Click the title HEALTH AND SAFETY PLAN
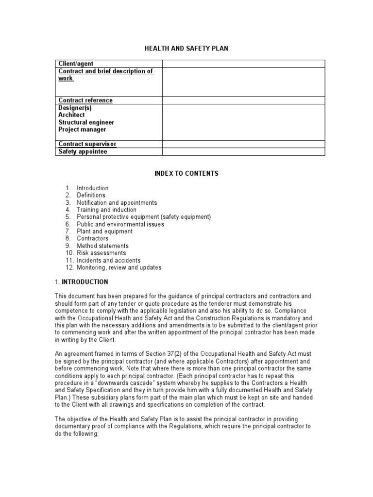[x=186, y=49]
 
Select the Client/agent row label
[x=76, y=64]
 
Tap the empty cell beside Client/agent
[x=243, y=64]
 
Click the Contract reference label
[x=85, y=100]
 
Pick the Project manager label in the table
[x=82, y=130]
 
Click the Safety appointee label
[x=83, y=151]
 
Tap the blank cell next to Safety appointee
[x=243, y=151]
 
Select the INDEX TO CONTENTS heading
[x=186, y=173]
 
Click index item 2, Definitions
[x=91, y=195]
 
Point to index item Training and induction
[x=106, y=210]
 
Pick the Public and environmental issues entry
[x=120, y=224]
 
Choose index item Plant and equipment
[x=104, y=232]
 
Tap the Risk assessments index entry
[x=101, y=253]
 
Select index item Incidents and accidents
[x=108, y=260]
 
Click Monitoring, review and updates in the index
[x=119, y=267]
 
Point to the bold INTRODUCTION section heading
[x=85, y=282]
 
